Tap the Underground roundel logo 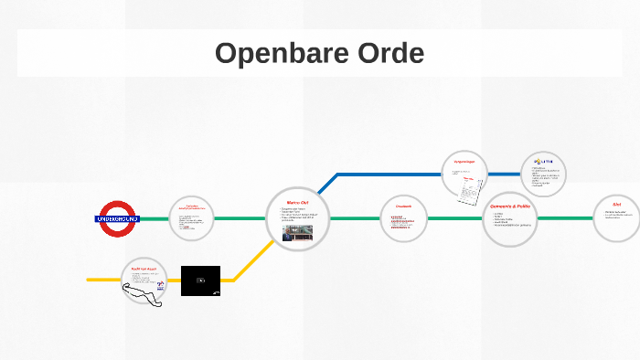click(x=117, y=219)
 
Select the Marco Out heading click(x=298, y=203)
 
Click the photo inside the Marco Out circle click(x=297, y=232)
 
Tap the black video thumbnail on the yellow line click(x=200, y=281)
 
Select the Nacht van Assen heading click(x=145, y=269)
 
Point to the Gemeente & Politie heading click(x=510, y=206)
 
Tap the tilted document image click(x=470, y=191)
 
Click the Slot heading click(x=617, y=205)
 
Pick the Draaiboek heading click(x=403, y=206)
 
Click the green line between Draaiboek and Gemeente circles click(x=454, y=219)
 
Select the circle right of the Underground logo click(x=192, y=219)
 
